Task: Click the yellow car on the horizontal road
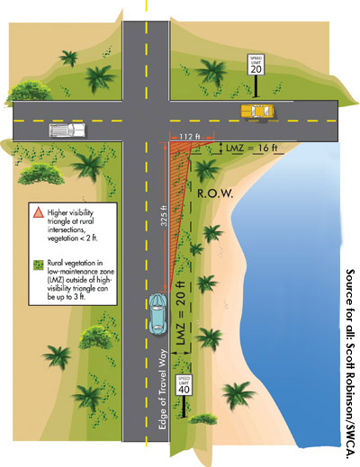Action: (x=257, y=111)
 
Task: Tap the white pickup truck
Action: (x=67, y=130)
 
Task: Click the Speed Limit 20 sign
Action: (x=256, y=65)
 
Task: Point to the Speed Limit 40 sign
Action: (x=184, y=385)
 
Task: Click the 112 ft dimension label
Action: (x=190, y=137)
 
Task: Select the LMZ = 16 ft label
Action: (x=251, y=148)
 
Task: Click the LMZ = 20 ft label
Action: (x=181, y=312)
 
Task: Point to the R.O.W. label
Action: (x=215, y=193)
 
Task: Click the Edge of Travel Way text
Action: (x=162, y=390)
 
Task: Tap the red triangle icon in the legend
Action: (x=38, y=212)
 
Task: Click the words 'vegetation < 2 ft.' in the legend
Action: (x=73, y=238)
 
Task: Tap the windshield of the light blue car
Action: (x=157, y=308)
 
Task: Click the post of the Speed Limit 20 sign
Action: (x=256, y=86)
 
